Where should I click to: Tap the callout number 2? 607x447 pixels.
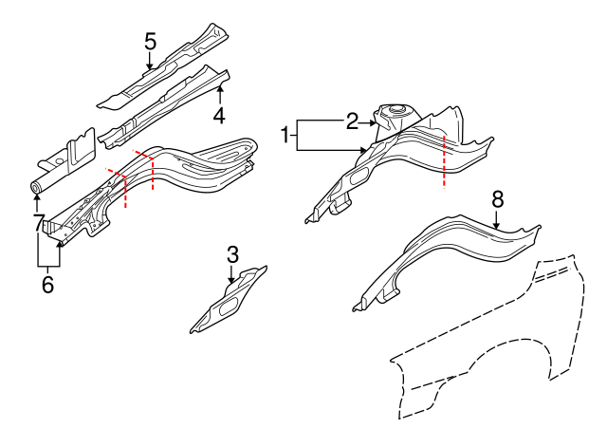(352, 121)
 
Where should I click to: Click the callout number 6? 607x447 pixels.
(47, 283)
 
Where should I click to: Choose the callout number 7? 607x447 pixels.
(38, 225)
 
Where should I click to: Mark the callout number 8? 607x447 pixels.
(496, 199)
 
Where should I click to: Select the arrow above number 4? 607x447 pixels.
(219, 91)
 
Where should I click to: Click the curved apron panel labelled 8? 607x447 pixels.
(446, 251)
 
